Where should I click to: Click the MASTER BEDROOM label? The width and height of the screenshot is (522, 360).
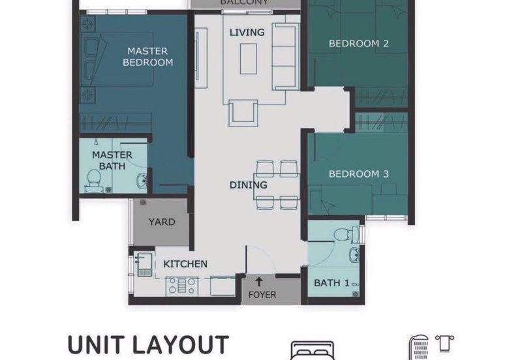tap(147, 57)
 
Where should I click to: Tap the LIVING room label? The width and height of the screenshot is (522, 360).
tap(247, 32)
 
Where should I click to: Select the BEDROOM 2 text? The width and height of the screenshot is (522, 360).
tap(358, 44)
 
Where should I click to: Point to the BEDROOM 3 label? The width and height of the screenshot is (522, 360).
tap(358, 174)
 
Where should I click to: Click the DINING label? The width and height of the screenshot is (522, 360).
tap(248, 185)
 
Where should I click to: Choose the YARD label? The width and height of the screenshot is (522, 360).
tap(161, 222)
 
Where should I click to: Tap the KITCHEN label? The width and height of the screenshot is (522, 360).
tap(185, 264)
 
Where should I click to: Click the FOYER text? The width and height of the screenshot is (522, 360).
tap(262, 295)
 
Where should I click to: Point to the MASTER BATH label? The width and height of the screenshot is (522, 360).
tap(112, 160)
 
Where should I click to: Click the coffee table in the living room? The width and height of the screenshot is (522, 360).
tap(247, 59)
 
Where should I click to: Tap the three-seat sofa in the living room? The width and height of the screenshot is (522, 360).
tap(284, 56)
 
